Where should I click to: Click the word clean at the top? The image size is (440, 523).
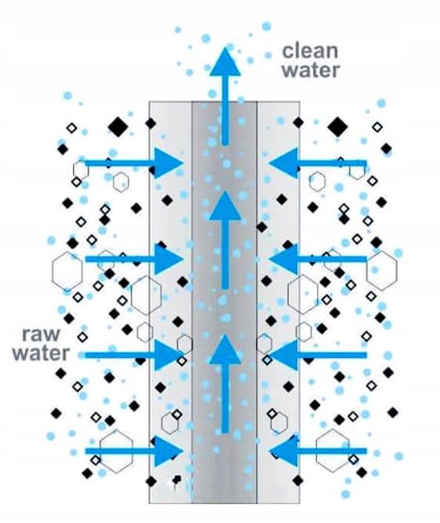click(311, 51)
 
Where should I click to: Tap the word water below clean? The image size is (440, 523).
click(311, 70)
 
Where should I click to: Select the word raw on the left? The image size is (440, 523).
click(41, 334)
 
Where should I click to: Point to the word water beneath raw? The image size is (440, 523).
click(41, 353)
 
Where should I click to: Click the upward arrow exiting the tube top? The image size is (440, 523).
click(226, 96)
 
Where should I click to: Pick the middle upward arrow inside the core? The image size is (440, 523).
click(226, 240)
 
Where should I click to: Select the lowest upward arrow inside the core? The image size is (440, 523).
click(226, 384)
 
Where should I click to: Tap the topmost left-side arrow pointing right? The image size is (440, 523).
click(134, 163)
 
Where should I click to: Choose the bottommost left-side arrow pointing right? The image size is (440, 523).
click(134, 451)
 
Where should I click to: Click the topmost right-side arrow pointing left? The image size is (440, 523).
click(318, 163)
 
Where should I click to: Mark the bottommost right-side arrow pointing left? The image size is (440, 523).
click(318, 451)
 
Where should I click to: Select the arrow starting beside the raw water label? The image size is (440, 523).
click(134, 355)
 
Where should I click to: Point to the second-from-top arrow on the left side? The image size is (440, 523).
click(134, 259)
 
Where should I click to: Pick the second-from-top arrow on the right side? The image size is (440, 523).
click(318, 259)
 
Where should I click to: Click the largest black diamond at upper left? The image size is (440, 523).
click(118, 127)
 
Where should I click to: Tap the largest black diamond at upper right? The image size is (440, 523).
click(337, 127)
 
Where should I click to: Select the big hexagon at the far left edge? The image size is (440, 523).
click(67, 271)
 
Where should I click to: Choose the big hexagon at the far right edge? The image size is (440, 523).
click(382, 271)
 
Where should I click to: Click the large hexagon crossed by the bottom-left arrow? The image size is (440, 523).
click(116, 451)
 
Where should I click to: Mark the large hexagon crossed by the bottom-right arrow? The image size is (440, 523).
click(333, 451)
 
